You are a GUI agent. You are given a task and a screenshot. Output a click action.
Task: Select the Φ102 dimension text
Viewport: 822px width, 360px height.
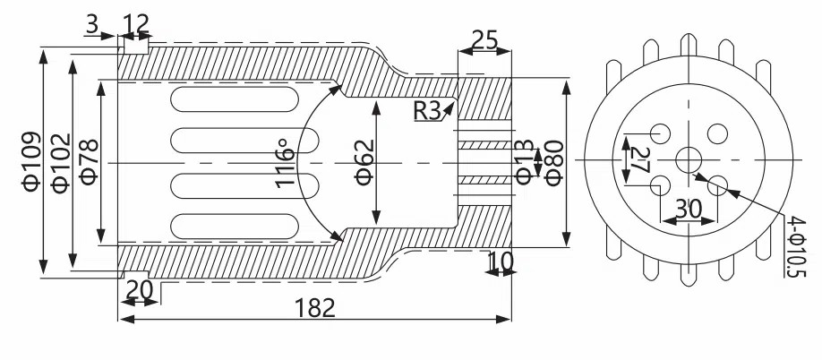[x=61, y=164]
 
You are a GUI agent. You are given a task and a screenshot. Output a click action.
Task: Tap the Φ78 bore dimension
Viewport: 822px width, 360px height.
[x=90, y=162]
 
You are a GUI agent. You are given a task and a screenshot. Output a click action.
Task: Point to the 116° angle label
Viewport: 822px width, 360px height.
[x=284, y=163]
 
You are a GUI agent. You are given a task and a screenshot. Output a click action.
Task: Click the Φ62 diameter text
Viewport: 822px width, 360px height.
[x=364, y=162]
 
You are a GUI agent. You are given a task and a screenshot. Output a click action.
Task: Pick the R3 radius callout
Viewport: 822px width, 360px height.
[x=427, y=110]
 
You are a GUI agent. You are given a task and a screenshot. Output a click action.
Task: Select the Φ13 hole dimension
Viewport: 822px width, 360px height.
[x=525, y=162]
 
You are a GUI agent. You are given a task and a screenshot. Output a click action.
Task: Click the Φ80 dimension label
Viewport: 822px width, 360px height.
[x=554, y=163]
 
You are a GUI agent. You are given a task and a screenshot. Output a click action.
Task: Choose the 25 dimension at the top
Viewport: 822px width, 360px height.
[x=485, y=39]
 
